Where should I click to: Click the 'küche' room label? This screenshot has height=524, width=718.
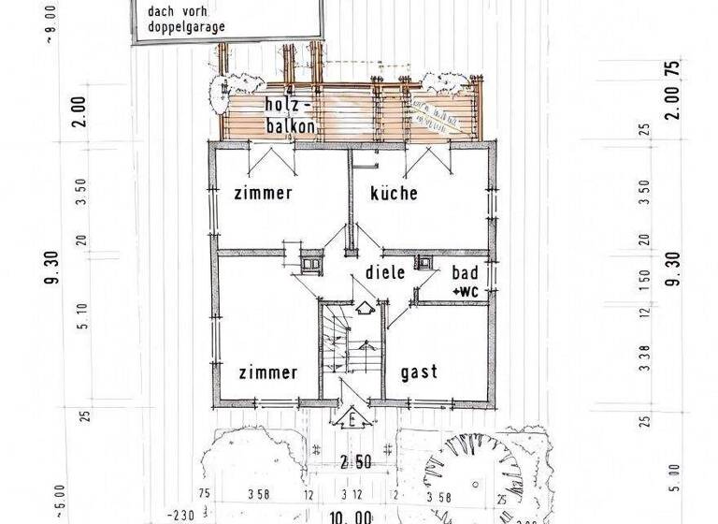(x=393, y=194)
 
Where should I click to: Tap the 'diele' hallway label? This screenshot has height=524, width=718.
(x=384, y=273)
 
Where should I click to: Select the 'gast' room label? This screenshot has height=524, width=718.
(x=419, y=371)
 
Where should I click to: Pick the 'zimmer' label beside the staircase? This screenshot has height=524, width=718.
(x=267, y=371)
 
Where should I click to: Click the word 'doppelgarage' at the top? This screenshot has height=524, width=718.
(x=186, y=27)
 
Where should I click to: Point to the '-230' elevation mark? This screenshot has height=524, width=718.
(x=181, y=515)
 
